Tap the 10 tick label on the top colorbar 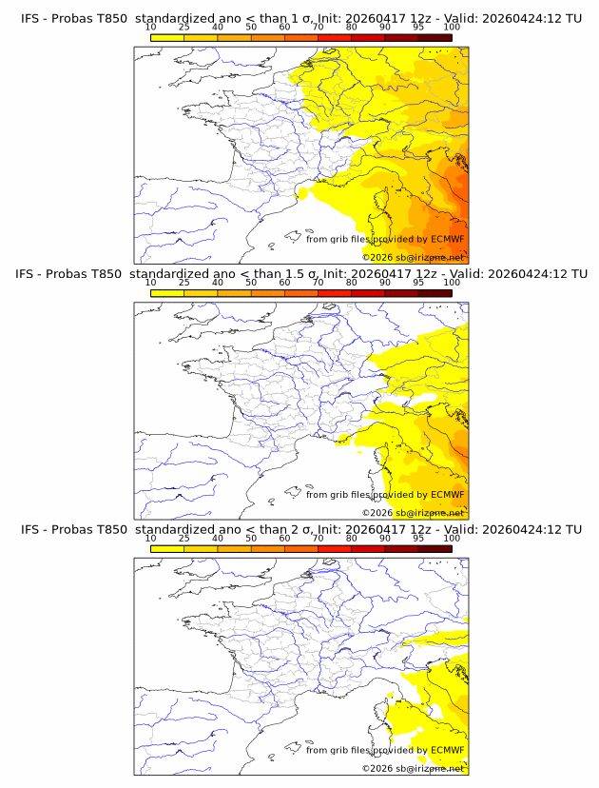pyautogui.click(x=150, y=28)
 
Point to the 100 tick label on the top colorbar pyautogui.click(x=452, y=28)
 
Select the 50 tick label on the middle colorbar pyautogui.click(x=251, y=283)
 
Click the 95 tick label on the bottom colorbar pyautogui.click(x=418, y=538)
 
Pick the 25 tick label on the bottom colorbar pyautogui.click(x=184, y=538)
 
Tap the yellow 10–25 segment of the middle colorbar pyautogui.click(x=167, y=292)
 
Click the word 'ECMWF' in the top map pyautogui.click(x=447, y=240)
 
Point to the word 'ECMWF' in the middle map pyautogui.click(x=447, y=495)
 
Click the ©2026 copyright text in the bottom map pyautogui.click(x=413, y=768)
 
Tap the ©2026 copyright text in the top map pyautogui.click(x=413, y=258)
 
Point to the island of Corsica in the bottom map pyautogui.click(x=386, y=714)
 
